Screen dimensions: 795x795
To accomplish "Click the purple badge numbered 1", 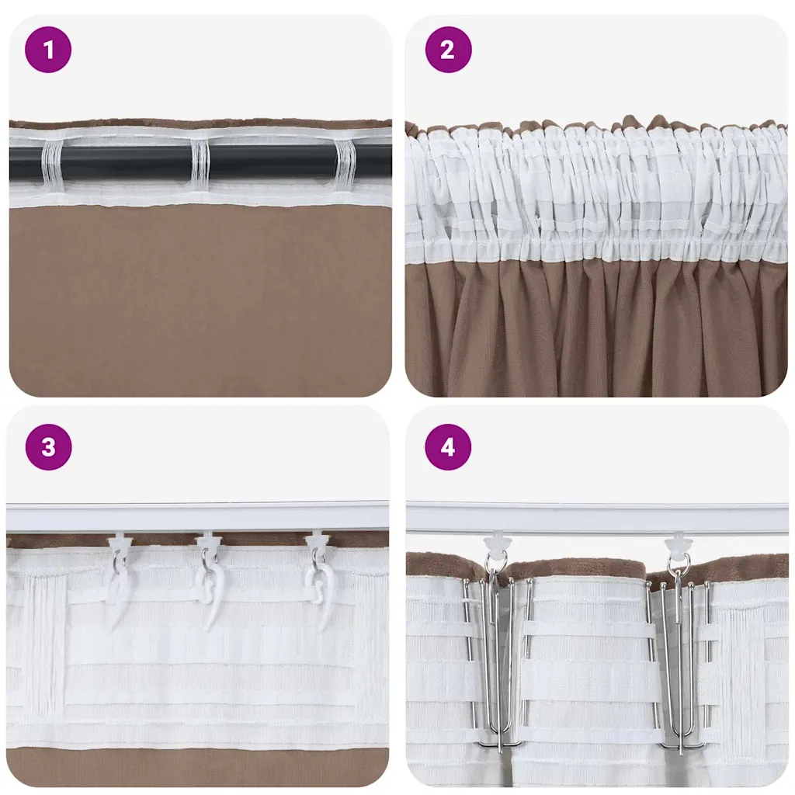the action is point(48,50).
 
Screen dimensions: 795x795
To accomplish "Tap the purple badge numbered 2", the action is point(448,50).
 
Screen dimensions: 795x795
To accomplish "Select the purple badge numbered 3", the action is point(48,447).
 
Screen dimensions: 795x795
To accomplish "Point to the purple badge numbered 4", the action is point(448,447).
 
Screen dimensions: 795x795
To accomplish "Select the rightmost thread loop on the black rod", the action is point(346,165).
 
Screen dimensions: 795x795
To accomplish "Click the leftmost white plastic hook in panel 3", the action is point(118,588).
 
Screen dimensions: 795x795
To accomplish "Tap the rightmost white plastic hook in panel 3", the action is point(321,588).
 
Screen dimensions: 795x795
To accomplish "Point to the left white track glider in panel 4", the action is point(494,543).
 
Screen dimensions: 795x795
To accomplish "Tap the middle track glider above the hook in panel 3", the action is point(208,541).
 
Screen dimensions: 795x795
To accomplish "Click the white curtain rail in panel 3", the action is point(198,518).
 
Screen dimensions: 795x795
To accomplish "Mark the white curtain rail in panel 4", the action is point(597,518).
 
